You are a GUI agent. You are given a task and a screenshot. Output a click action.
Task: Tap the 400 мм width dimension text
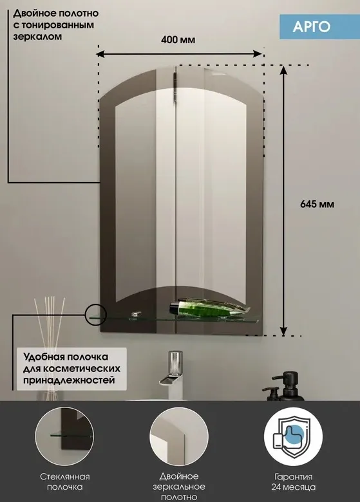[x=178, y=40]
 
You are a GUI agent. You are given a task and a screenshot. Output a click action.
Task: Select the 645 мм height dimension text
[x=317, y=204]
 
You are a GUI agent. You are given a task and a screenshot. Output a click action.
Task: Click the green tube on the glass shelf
[x=209, y=308]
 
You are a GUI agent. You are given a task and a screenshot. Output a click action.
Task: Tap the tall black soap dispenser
[x=291, y=386]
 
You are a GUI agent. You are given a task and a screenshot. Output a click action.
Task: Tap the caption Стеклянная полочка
[x=64, y=482]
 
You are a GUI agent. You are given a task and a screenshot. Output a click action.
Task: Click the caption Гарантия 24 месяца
[x=294, y=482]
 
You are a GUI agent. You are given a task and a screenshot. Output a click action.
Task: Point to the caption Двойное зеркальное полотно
[x=179, y=487]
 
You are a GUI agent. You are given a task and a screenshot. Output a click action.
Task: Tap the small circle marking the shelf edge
[x=96, y=315]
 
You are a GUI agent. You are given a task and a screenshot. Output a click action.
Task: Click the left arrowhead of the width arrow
[x=100, y=54]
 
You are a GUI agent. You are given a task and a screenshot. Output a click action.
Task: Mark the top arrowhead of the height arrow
[x=283, y=70]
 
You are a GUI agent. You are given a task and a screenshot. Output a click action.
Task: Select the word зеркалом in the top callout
[x=37, y=37]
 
